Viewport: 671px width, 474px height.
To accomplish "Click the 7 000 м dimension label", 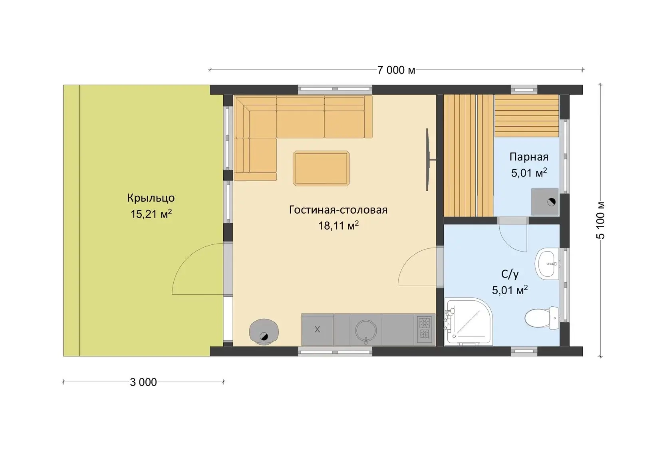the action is [396, 70].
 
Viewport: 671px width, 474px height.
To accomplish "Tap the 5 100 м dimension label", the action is [600, 221].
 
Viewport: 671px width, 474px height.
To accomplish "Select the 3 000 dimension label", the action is [143, 383].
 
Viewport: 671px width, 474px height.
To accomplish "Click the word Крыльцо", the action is [151, 198].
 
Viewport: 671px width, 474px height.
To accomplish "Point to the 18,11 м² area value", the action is [338, 226].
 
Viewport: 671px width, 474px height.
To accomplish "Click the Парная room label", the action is [529, 157].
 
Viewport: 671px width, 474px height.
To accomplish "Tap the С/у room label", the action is [510, 274].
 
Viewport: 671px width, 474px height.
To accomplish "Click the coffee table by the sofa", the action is [321, 168].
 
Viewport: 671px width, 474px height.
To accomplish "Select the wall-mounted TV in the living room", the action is [430, 160].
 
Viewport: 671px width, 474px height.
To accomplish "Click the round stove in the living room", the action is [264, 332].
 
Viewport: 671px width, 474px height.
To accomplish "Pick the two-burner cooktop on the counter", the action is [425, 329].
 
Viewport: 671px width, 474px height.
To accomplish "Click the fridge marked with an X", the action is [318, 330].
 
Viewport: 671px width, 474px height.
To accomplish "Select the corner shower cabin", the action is [468, 321].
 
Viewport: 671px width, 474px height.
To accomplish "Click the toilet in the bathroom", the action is [542, 318].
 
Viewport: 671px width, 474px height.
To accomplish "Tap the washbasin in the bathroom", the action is [547, 264].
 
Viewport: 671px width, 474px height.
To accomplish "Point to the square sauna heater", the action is [545, 202].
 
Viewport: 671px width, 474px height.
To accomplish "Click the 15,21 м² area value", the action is [151, 214].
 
